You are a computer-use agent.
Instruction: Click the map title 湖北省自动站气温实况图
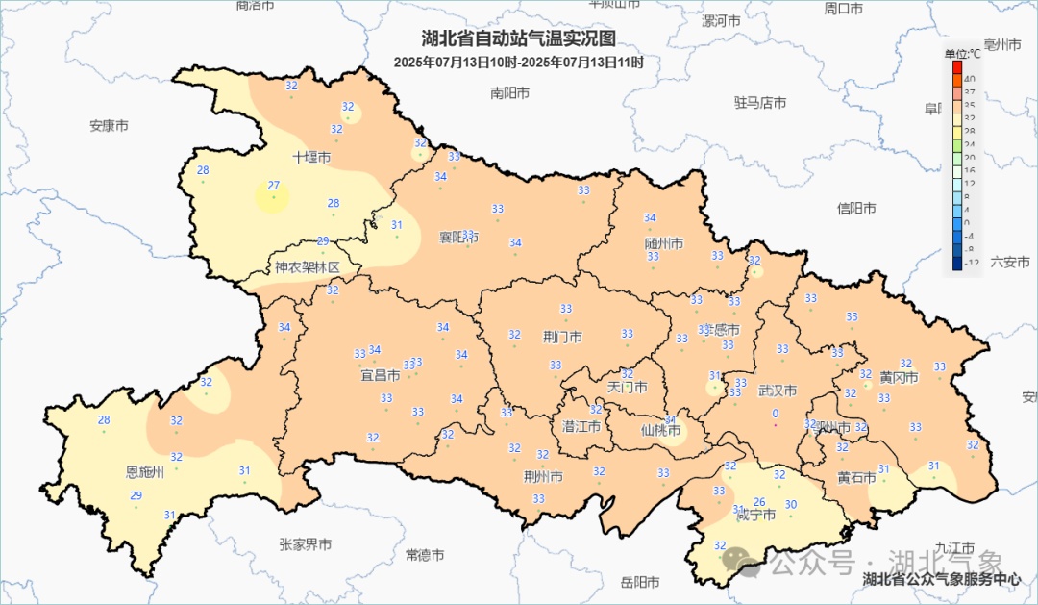[518, 39]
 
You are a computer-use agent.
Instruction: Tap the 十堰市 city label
[311, 157]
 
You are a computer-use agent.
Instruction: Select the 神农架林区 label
[308, 267]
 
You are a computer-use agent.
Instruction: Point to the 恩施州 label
[145, 472]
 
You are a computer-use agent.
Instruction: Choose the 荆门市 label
[562, 338]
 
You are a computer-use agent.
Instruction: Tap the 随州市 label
[664, 244]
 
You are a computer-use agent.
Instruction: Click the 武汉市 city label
[778, 391]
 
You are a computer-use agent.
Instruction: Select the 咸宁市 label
[755, 515]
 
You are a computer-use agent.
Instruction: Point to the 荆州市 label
[543, 477]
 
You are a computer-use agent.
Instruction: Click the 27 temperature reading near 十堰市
[274, 186]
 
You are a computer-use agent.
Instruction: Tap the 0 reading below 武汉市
[775, 414]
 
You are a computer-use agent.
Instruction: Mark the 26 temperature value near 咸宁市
[759, 501]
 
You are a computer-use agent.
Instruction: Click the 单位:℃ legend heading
[962, 53]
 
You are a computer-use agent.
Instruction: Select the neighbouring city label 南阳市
[509, 93]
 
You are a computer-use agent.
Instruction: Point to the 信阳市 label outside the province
[856, 209]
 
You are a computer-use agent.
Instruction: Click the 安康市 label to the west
[109, 126]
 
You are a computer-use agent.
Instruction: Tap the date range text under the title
[518, 62]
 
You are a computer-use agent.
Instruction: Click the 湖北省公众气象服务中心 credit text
[942, 579]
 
